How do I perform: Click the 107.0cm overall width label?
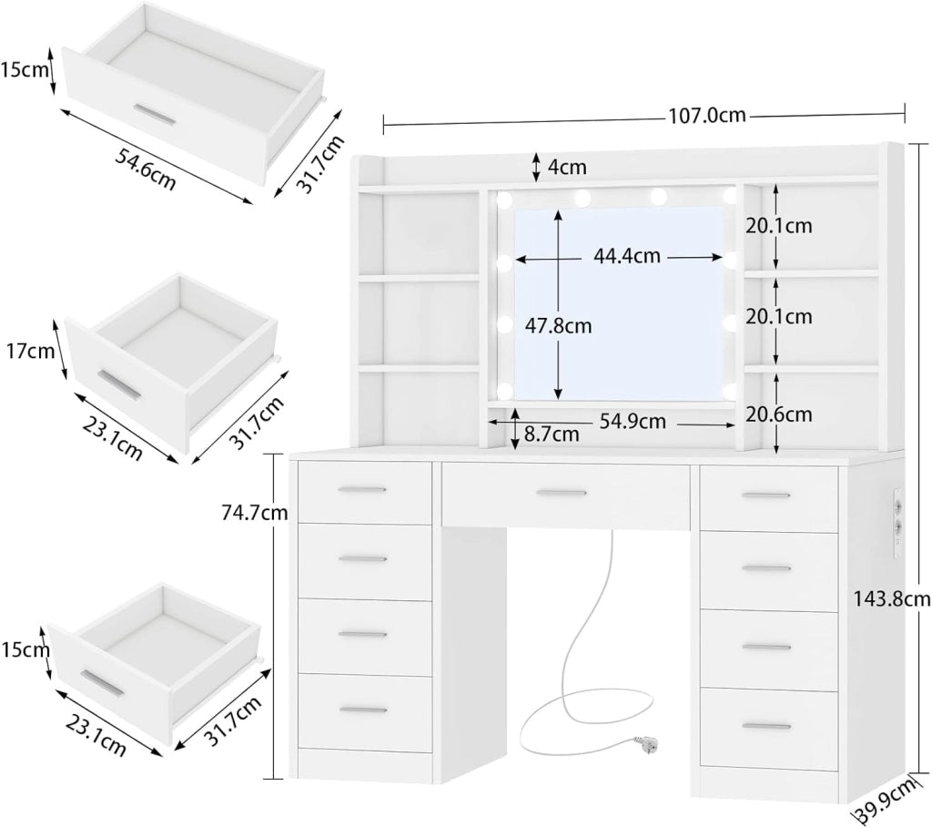click(x=706, y=115)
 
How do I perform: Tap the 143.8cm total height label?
click(x=892, y=599)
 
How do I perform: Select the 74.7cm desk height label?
click(x=255, y=512)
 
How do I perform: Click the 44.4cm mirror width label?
click(x=626, y=256)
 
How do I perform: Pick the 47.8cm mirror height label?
click(x=558, y=325)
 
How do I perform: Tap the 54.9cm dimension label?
click(x=633, y=421)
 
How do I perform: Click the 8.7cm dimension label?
click(x=552, y=434)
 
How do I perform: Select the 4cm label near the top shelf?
click(x=567, y=167)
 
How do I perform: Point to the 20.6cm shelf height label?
click(x=779, y=414)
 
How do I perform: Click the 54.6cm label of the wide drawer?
click(x=145, y=170)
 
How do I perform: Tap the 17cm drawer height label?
click(x=30, y=351)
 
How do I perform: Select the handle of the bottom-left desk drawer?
click(x=363, y=710)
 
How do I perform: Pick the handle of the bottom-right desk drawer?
click(x=766, y=726)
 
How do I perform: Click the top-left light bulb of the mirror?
click(x=504, y=199)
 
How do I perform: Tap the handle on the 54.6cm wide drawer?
click(x=155, y=116)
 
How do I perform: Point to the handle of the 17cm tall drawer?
click(x=119, y=385)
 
